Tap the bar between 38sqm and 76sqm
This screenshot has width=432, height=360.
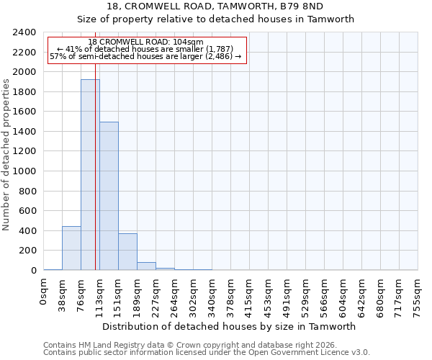pos(71,248)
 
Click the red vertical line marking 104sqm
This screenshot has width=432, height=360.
pos(95,180)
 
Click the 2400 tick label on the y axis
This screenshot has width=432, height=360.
pos(24,32)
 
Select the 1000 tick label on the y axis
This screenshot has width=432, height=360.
pos(24,171)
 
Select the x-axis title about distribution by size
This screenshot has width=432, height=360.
pos(230,326)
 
